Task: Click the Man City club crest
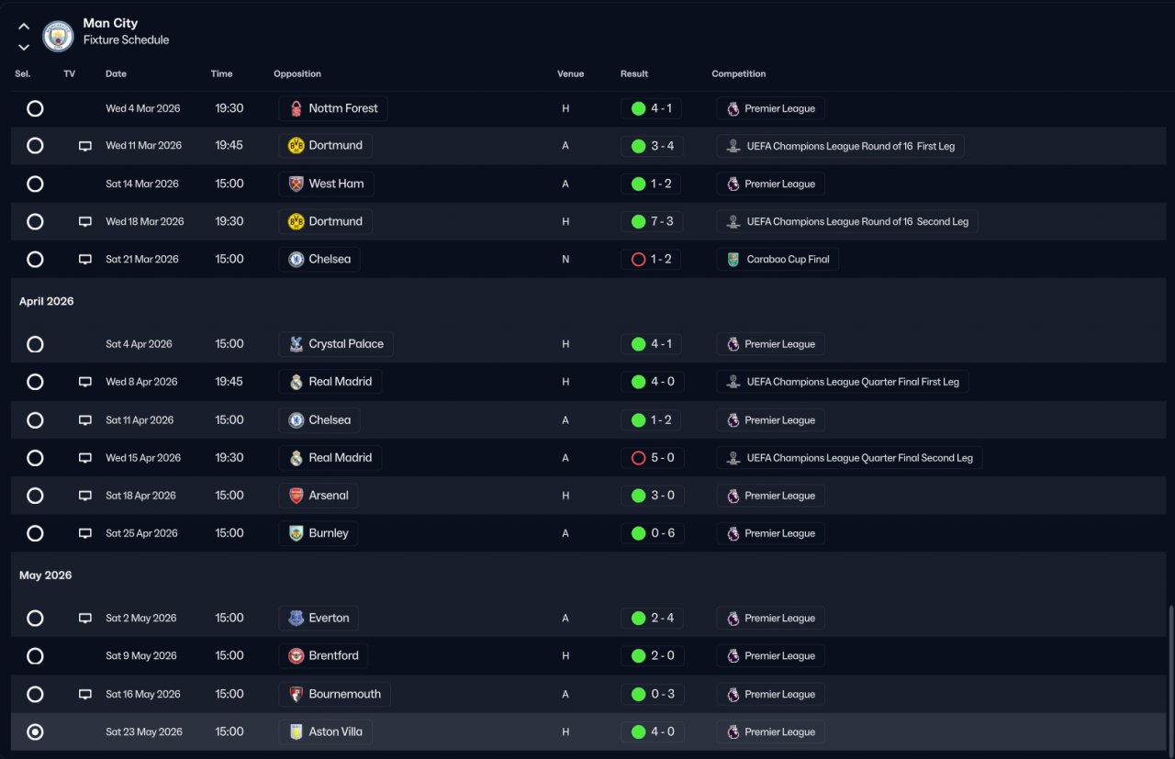[x=58, y=36]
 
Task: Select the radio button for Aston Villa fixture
[x=35, y=732]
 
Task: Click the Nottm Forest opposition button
[x=333, y=108]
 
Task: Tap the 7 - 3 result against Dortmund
[x=652, y=221]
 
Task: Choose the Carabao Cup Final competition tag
[x=778, y=260]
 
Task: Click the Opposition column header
[x=297, y=73]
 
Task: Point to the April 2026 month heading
[x=47, y=301]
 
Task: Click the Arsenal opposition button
[x=319, y=496]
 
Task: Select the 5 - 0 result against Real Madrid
[x=652, y=458]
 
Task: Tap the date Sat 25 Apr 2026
[x=141, y=533]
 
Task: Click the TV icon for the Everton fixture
[x=85, y=619]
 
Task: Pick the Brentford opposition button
[x=324, y=656]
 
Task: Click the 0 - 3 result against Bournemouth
[x=652, y=695]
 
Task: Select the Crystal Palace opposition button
[x=336, y=344]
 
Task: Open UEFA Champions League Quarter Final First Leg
[x=843, y=382]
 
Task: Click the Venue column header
[x=570, y=73]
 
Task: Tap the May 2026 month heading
[x=45, y=575]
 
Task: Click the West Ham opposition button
[x=326, y=184]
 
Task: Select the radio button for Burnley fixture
[x=35, y=533]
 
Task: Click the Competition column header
[x=738, y=73]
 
